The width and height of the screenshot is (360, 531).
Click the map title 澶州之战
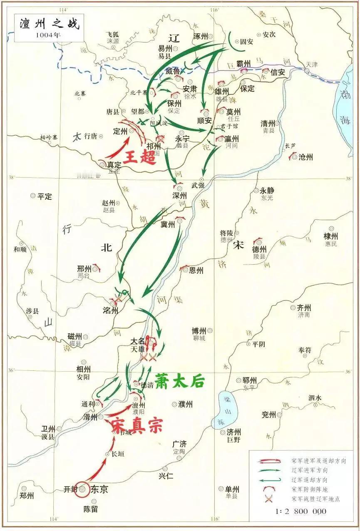(49, 23)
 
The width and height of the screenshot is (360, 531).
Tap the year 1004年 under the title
(49, 35)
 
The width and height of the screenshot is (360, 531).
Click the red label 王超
(139, 157)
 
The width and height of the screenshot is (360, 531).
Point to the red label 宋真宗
(137, 425)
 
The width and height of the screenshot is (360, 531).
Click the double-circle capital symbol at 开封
(83, 490)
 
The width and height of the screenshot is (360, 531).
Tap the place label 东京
(99, 489)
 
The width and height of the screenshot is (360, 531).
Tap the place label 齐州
(304, 308)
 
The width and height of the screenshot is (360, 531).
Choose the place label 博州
(199, 331)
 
